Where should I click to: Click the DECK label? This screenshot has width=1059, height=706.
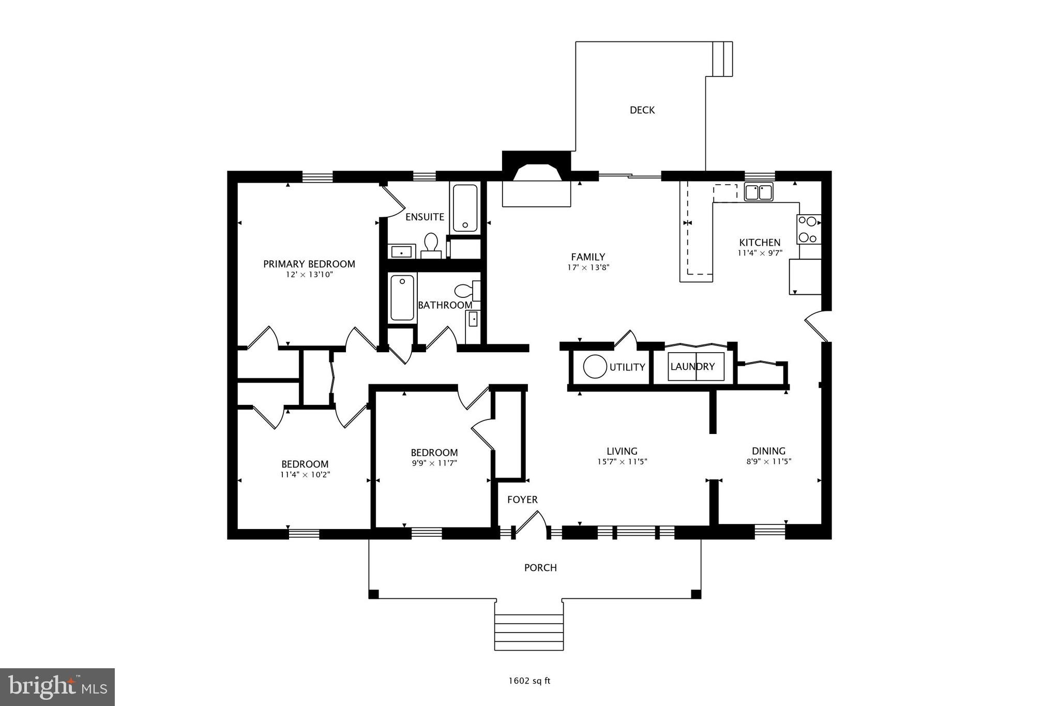pyautogui.click(x=642, y=110)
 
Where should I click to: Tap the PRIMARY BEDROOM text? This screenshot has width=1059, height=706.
pyautogui.click(x=309, y=264)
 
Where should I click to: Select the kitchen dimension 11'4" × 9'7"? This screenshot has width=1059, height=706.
pyautogui.click(x=760, y=253)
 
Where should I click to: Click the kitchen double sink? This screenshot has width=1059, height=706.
pyautogui.click(x=758, y=192)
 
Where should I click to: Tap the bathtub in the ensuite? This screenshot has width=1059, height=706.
pyautogui.click(x=465, y=208)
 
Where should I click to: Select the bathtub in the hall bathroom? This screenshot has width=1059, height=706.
pyautogui.click(x=402, y=298)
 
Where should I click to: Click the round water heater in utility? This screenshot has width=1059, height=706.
pyautogui.click(x=595, y=367)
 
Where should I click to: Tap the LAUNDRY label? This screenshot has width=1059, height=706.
pyautogui.click(x=692, y=367)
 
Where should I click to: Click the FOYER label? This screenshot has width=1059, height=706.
pyautogui.click(x=522, y=500)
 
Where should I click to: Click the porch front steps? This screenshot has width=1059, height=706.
pyautogui.click(x=529, y=632)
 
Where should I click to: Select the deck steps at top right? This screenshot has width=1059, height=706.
pyautogui.click(x=722, y=59)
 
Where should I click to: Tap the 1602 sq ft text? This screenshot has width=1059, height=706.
pyautogui.click(x=529, y=681)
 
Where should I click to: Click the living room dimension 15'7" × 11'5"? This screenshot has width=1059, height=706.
pyautogui.click(x=622, y=462)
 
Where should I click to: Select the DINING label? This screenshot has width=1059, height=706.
pyautogui.click(x=768, y=451)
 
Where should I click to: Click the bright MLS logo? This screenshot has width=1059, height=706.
pyautogui.click(x=57, y=687)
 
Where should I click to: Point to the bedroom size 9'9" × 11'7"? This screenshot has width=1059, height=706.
pyautogui.click(x=434, y=463)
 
